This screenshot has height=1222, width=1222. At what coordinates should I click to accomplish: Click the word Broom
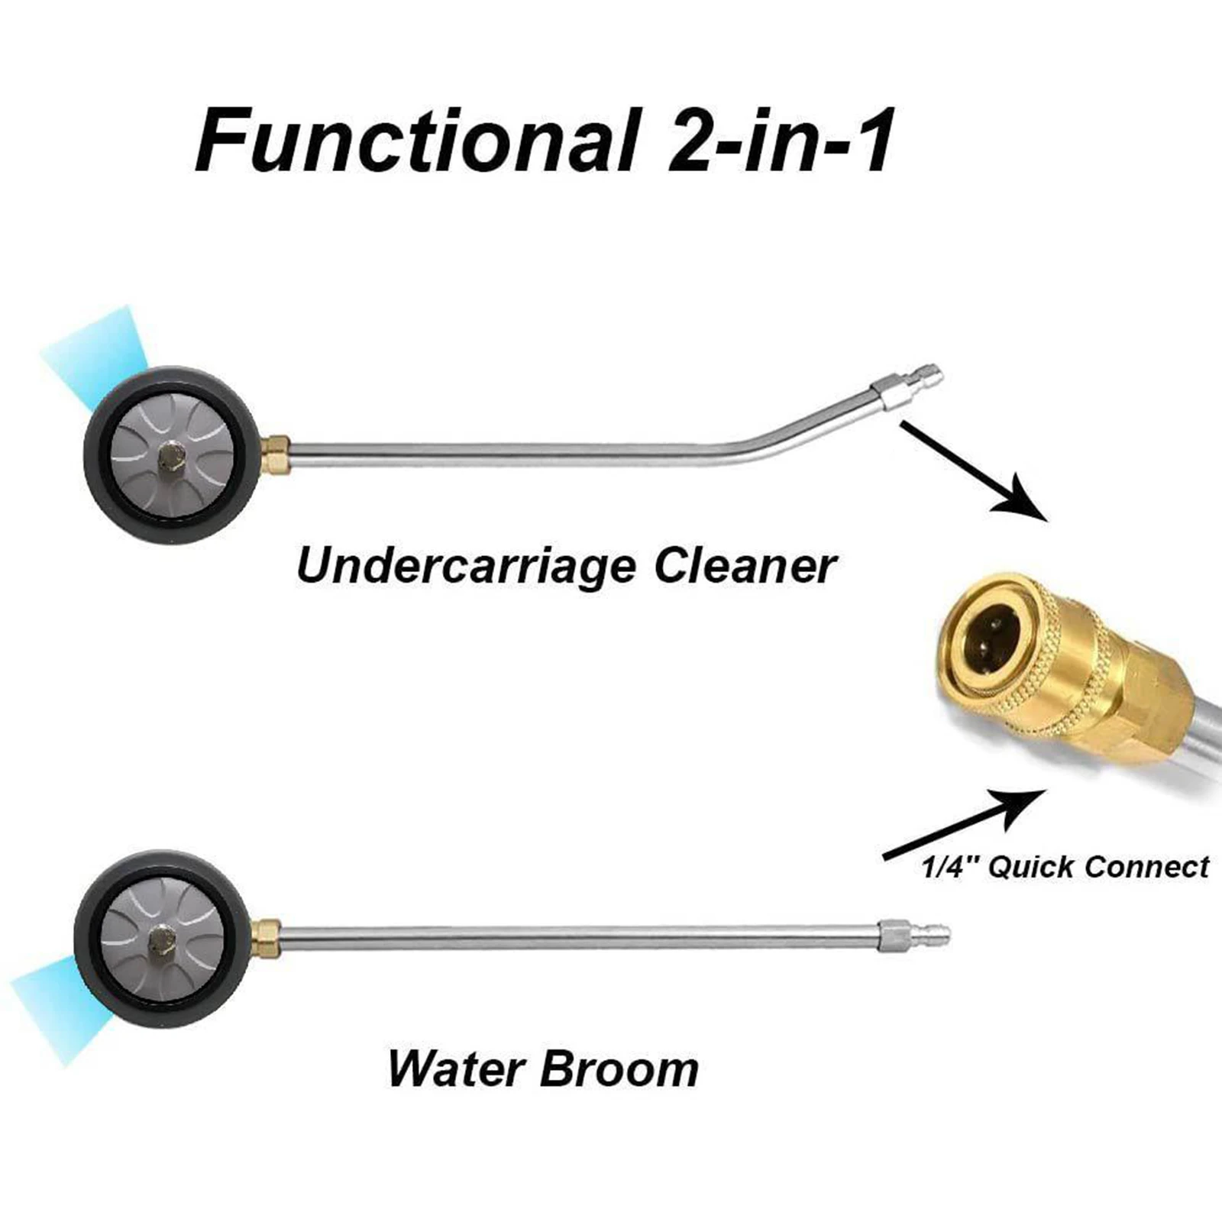[x=619, y=1069]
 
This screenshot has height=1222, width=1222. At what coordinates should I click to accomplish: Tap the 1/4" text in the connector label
[x=950, y=868]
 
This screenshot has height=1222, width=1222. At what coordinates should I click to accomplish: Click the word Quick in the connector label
[x=1031, y=868]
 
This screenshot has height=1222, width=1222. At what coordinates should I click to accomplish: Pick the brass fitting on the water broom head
[x=266, y=932]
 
